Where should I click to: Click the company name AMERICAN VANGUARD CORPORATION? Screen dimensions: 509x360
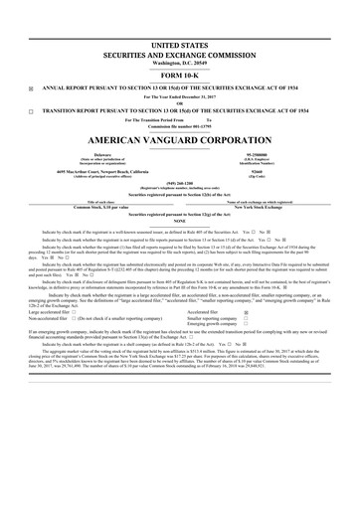pyautogui.click(x=180, y=139)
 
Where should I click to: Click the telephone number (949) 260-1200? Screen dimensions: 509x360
pyautogui.click(x=180, y=182)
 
